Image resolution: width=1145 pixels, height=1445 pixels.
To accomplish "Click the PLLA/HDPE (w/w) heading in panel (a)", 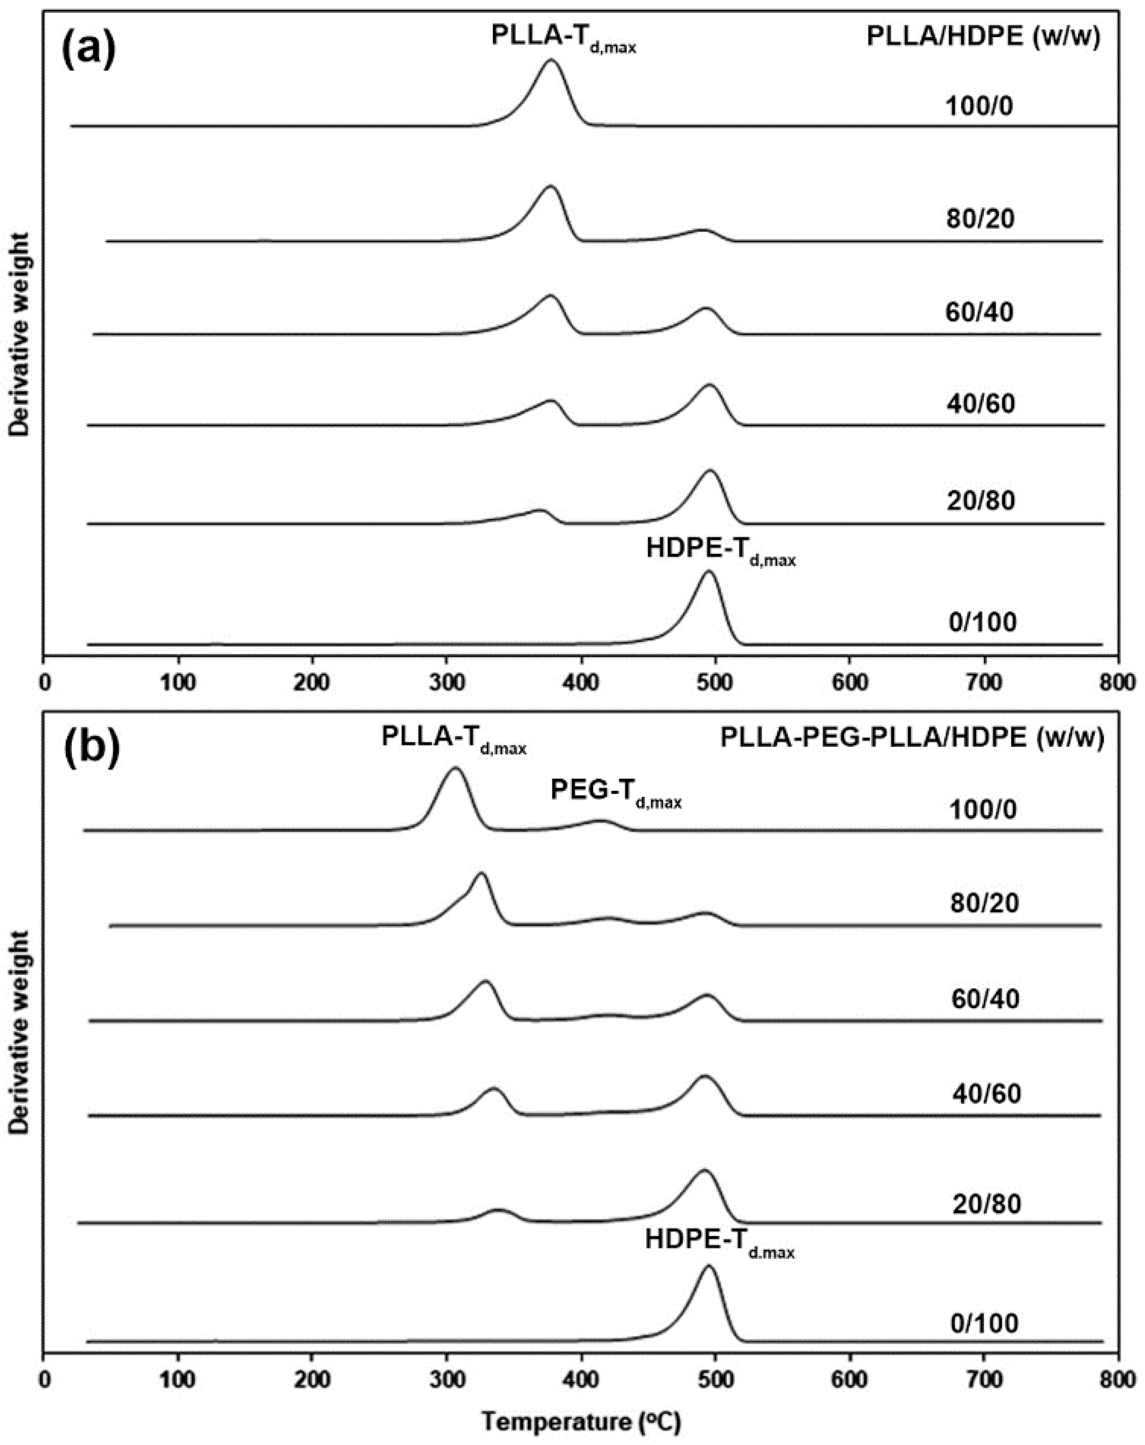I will pos(983,37).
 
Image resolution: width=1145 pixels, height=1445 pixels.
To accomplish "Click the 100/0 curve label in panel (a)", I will pos(979,106).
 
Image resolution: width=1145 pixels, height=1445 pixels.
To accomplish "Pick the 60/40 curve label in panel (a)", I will pos(979,312).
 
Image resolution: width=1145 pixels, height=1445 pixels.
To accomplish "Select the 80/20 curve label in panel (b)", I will pos(983,903).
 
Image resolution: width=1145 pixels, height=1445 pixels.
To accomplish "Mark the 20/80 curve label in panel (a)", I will pos(981,500).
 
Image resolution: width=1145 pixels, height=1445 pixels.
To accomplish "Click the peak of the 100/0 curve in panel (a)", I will pos(552,60).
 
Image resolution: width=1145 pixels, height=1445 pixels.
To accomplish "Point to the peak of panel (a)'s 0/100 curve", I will pos(709,572).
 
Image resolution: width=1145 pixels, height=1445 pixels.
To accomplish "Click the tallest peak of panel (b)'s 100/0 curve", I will pos(456,768).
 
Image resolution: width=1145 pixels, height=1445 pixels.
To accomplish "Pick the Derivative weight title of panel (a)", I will pos(21,335).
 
